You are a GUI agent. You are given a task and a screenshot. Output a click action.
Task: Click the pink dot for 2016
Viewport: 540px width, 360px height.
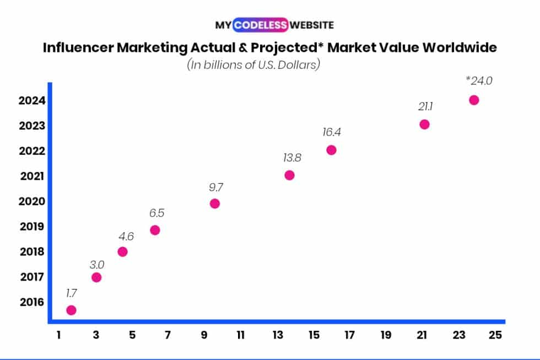coord(71,310)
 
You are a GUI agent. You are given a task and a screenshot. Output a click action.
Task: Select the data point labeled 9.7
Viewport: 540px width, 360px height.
coord(215,203)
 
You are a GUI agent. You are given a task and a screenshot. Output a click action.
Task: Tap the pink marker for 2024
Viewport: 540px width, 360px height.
coord(474,100)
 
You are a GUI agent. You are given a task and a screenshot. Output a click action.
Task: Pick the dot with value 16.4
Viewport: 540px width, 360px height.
coord(331,150)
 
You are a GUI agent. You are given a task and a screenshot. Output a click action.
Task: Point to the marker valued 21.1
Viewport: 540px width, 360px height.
coord(424,124)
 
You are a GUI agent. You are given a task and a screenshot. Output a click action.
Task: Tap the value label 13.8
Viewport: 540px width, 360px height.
coord(293,158)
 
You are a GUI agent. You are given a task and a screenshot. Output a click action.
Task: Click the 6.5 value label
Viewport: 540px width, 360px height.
coord(156,213)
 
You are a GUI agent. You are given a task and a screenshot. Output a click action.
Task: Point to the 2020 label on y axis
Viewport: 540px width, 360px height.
coord(28,201)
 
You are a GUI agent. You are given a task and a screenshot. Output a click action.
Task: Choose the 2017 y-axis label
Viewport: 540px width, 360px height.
coord(28,277)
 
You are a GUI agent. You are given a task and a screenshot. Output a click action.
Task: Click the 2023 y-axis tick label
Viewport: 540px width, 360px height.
coord(28,126)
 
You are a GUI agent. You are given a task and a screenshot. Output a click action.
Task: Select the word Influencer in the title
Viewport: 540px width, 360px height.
coord(78,47)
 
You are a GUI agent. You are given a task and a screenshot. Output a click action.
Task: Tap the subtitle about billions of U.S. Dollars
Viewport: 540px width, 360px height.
coord(254,65)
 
